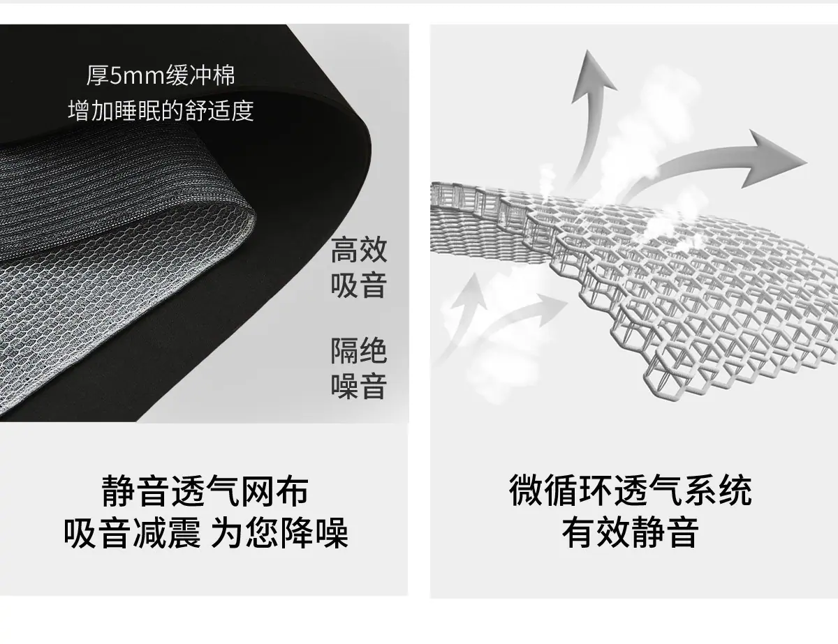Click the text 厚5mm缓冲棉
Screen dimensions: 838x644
(161, 75)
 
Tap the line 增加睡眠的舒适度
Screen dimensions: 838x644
(161, 111)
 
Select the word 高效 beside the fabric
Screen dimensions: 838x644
(359, 250)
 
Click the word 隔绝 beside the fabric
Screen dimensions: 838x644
(359, 350)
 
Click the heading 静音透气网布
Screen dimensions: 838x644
(205, 491)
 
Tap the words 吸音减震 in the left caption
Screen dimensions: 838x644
(132, 534)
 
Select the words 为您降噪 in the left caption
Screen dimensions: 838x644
(279, 534)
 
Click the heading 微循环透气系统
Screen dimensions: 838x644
(631, 491)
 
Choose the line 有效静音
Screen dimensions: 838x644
(631, 532)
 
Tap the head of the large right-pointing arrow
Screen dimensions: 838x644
(775, 160)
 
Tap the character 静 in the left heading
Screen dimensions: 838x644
(118, 491)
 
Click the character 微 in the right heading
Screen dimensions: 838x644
(526, 491)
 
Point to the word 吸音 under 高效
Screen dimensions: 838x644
(359, 285)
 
